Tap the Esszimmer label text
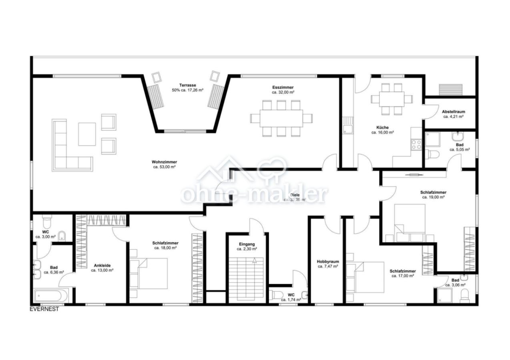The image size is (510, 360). click(283, 87)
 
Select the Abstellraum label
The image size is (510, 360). click(453, 112)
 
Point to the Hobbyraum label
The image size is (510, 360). click(328, 262)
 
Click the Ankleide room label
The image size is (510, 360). click(102, 265)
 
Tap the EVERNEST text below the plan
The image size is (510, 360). click(44, 309)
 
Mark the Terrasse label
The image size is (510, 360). click(187, 85)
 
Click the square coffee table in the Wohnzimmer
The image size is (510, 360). click(87, 134)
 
